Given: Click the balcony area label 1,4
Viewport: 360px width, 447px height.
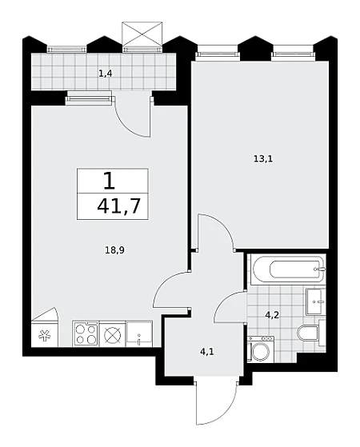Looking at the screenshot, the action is pos(106,74).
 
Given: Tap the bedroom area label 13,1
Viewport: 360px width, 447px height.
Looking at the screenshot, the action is pos(263,159).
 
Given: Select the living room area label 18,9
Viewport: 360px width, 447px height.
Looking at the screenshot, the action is pos(114,250).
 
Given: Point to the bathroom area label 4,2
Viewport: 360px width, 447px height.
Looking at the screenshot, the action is pos(272,315).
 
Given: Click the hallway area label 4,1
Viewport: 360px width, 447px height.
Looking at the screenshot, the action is pos(207,352).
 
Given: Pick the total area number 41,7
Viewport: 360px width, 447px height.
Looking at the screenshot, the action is pos(119,206).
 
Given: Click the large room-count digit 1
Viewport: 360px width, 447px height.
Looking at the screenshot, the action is pos(110,181).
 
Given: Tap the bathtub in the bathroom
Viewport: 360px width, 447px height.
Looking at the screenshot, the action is pos(288,269).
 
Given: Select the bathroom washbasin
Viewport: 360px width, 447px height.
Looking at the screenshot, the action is pos(315,301).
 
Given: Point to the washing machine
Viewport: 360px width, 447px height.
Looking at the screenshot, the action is pos(261,349).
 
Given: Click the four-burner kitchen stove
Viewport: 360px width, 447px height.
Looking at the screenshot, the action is pos(86,333).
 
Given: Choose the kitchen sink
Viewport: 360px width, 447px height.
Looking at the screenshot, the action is pos(139,333).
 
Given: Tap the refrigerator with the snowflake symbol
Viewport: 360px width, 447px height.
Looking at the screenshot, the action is pos(45,333).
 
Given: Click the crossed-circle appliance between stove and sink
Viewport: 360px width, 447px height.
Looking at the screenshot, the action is pos(112,334).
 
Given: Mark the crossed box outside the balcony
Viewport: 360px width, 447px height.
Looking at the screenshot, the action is pos(142,34).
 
